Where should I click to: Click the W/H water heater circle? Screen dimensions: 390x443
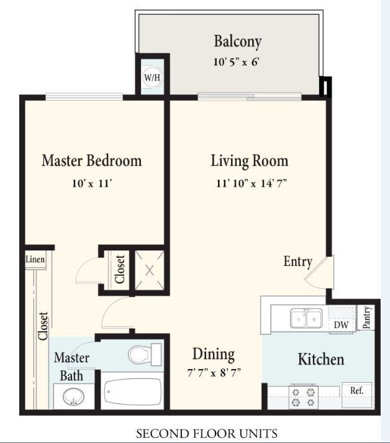153,78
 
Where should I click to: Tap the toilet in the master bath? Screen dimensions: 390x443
145,355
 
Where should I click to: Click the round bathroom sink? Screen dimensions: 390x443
73,396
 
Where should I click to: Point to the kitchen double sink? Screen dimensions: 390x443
306,318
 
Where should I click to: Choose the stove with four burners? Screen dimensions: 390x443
303,396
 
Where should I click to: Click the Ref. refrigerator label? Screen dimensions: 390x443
357,391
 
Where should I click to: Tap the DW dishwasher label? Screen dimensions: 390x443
341,324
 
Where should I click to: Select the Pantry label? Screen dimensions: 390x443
366,317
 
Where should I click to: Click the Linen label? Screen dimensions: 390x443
35,259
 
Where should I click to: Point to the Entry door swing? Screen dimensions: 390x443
319,272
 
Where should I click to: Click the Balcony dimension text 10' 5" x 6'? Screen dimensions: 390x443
236,62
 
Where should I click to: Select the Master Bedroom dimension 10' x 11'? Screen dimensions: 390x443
92,184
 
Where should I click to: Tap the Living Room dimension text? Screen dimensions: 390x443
252,183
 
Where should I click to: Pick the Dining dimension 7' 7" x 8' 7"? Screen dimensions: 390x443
214,373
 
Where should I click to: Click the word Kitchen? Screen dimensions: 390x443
321,359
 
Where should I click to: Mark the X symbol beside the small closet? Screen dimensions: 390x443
150,270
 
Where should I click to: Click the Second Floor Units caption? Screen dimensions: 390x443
207,434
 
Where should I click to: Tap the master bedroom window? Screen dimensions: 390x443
84,97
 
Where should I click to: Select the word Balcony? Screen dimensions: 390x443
237,42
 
